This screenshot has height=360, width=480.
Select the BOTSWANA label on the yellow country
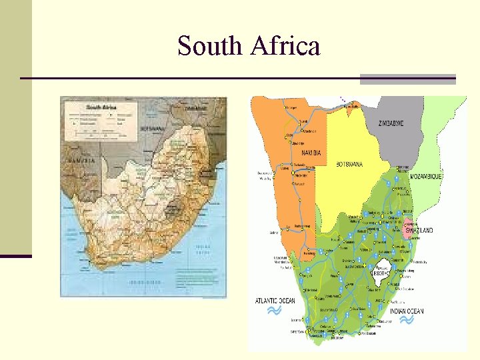(x=349, y=164)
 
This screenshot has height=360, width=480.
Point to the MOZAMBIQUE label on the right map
(x=426, y=177)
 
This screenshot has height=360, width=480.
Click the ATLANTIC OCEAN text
(x=275, y=301)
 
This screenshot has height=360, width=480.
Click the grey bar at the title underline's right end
(x=407, y=79)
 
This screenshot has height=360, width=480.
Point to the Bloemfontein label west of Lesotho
(x=354, y=265)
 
